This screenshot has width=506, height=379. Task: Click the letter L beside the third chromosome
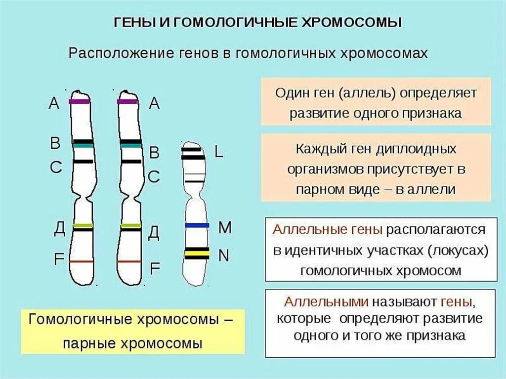tap(218, 152)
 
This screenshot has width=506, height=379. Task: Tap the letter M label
tap(225, 227)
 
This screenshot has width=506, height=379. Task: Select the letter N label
tap(224, 255)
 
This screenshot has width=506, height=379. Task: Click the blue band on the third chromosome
tap(197, 225)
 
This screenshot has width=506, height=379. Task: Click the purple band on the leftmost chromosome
tap(80, 101)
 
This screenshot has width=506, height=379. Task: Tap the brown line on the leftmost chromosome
tap(82, 261)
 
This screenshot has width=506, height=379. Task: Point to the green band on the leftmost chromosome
tap(83, 226)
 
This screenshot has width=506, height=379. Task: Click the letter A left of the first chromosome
tap(54, 103)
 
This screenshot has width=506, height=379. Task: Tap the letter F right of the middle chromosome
tap(155, 268)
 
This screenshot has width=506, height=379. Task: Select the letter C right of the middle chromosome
tap(154, 176)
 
